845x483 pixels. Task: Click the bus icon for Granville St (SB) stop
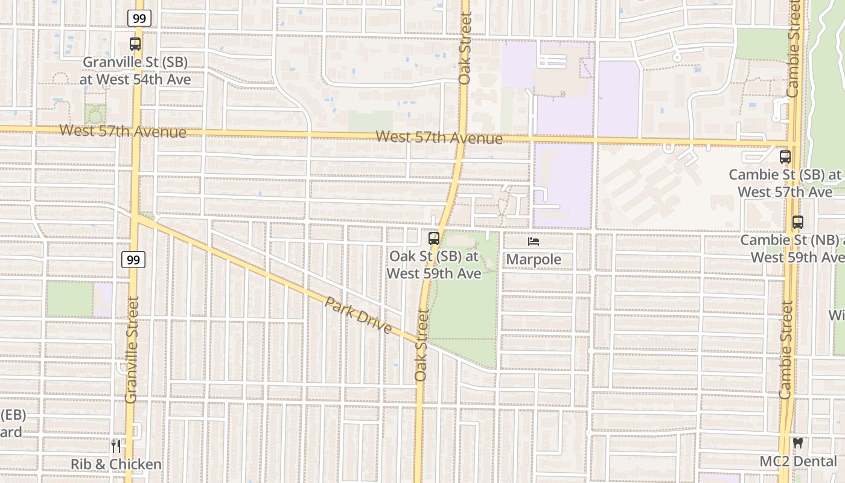pos(135,44)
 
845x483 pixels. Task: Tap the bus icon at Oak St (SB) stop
pos(433,238)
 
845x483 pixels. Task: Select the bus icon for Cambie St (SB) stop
pos(785,157)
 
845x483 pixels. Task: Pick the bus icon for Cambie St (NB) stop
pos(797,222)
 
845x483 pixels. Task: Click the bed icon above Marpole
pos(534,241)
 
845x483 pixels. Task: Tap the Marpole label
pos(534,260)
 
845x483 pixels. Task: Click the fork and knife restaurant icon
pos(116,446)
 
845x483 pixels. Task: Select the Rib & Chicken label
pos(116,464)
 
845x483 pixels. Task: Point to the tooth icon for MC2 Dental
pos(798,443)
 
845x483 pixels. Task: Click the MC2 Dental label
pos(798,461)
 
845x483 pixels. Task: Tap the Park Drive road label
pos(359,316)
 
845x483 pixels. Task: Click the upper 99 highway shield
pos(139,18)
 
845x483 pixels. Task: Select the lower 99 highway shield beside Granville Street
pos(133,260)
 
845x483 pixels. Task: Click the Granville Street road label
pos(132,349)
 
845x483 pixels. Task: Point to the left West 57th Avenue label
pos(123,131)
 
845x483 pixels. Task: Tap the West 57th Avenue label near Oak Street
pos(439,138)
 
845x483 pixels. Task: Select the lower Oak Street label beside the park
pos(421,345)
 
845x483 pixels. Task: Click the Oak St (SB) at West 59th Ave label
pos(433,265)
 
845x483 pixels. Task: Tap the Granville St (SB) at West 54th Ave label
pos(136,71)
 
